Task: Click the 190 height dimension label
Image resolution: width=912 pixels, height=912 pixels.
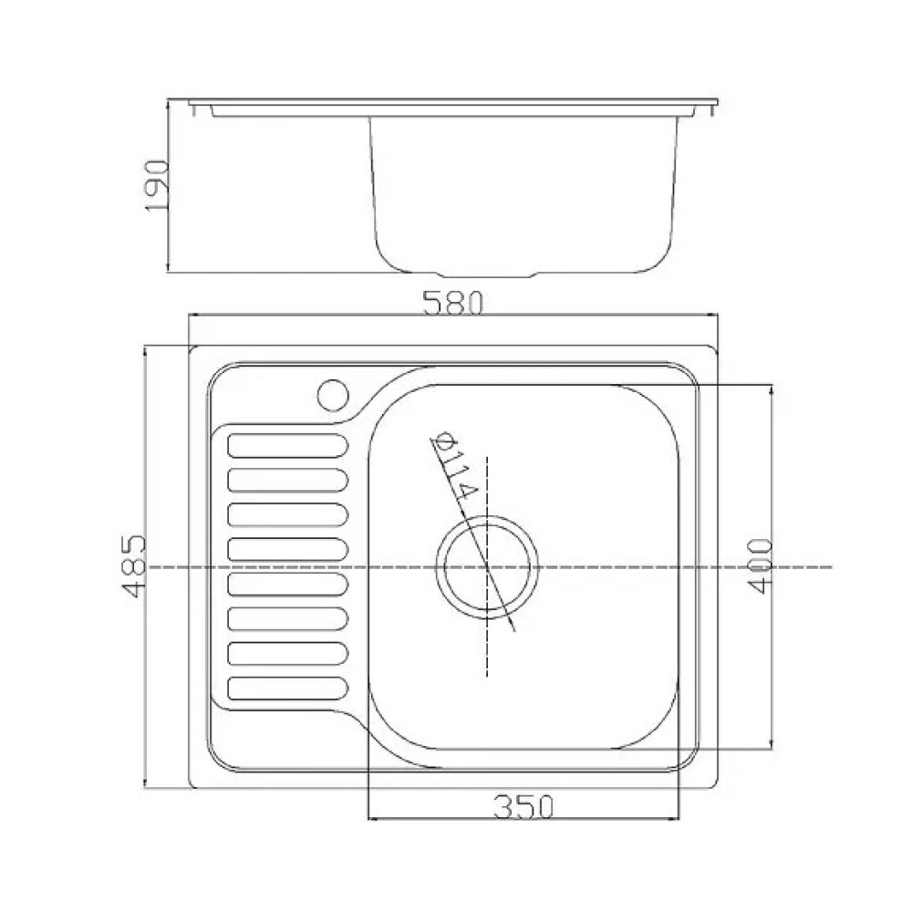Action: (x=157, y=185)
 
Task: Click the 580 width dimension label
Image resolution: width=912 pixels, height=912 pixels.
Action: (x=453, y=303)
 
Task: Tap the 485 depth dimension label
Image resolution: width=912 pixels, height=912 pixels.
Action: (x=133, y=566)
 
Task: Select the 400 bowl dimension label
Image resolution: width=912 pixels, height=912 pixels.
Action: (x=761, y=566)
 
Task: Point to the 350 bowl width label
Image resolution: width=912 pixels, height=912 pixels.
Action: (x=523, y=807)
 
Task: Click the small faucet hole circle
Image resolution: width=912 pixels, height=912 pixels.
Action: (x=333, y=396)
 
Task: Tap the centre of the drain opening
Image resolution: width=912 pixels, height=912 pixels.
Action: (x=487, y=566)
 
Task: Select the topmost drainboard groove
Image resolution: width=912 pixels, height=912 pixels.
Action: (x=288, y=446)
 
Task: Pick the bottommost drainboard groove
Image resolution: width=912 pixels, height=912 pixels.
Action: (x=288, y=689)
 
